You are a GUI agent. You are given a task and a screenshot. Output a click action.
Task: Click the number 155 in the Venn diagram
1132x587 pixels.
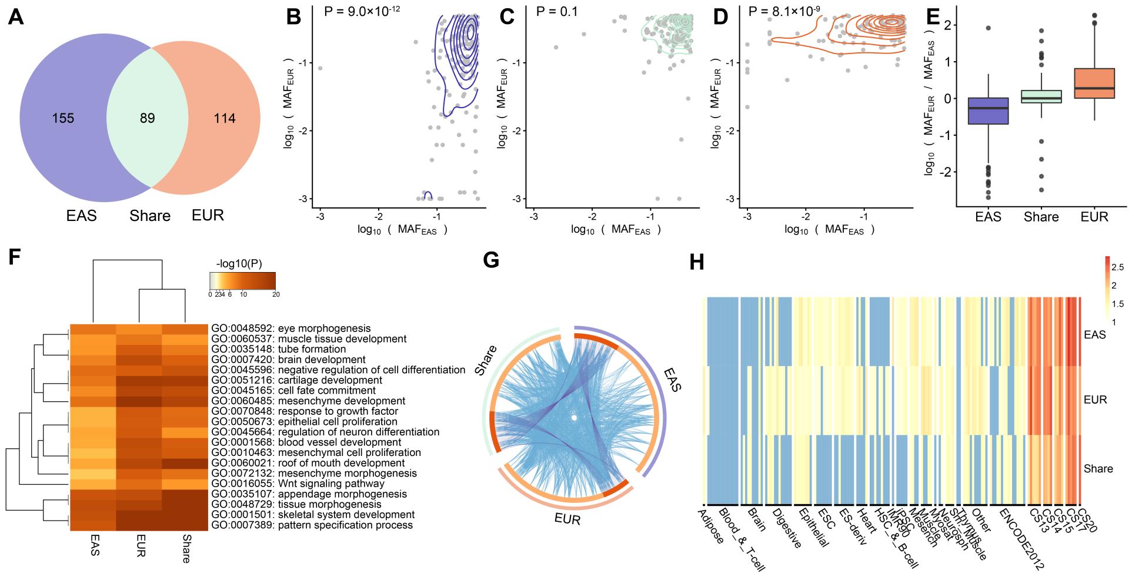point(63,118)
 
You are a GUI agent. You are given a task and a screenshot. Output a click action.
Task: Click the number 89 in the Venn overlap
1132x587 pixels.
point(147,118)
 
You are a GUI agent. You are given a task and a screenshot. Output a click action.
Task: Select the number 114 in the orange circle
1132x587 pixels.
point(225,118)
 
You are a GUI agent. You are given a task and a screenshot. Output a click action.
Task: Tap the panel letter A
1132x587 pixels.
point(16,18)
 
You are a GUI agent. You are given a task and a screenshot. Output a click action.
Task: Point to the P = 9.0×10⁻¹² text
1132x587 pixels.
point(362,10)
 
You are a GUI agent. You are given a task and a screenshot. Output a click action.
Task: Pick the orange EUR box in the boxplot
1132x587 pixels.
point(1094,83)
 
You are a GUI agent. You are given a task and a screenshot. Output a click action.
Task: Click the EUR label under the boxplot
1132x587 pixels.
point(1094,217)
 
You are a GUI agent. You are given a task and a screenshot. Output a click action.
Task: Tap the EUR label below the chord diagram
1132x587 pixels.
point(567,519)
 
